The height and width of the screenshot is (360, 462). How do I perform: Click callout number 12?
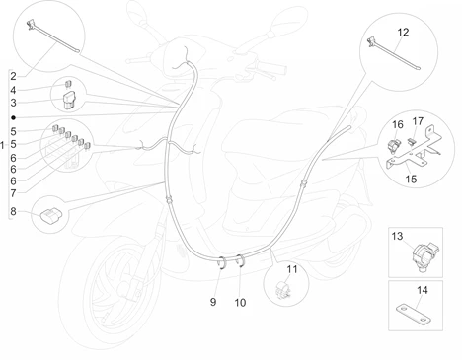[403, 33]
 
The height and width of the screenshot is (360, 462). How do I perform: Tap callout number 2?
[13, 76]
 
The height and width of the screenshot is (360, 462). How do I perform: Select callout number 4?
[13, 90]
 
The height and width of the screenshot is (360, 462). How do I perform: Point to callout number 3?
[13, 103]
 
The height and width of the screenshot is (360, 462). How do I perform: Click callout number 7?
[13, 193]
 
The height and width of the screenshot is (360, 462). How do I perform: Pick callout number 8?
[13, 211]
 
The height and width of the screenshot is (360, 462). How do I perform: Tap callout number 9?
[213, 302]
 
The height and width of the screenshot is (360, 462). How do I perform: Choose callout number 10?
[240, 303]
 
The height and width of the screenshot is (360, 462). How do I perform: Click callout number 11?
[292, 269]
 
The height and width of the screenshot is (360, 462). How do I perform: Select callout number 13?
[397, 236]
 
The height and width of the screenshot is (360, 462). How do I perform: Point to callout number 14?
[423, 290]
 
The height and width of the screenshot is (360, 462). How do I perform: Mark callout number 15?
[411, 180]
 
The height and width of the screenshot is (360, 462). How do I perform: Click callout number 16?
[398, 125]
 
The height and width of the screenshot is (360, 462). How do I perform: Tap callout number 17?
[418, 121]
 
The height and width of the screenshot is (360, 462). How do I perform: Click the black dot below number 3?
[14, 117]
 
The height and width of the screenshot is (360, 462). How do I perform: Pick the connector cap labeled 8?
[51, 216]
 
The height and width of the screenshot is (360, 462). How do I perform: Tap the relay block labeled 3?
[69, 100]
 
